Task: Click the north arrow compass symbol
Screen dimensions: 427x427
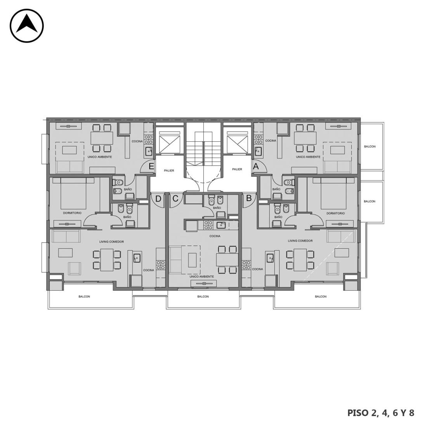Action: point(27,26)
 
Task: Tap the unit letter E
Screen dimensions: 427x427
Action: point(151,166)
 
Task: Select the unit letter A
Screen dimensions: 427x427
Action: point(256,166)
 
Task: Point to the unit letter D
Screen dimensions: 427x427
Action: point(158,199)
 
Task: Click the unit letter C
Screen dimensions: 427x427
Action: point(175,198)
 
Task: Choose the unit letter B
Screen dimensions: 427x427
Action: point(248,198)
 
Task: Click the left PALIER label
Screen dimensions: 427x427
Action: point(169,170)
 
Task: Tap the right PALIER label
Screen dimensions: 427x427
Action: point(237,169)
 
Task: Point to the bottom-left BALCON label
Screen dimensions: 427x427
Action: point(84,297)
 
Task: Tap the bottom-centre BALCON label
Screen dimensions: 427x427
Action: point(203,297)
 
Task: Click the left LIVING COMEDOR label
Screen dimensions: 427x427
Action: point(111,241)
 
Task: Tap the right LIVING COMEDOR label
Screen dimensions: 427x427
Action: point(300,241)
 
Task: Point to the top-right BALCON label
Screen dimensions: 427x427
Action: point(370,146)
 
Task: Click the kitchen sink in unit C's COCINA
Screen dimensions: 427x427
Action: point(221,225)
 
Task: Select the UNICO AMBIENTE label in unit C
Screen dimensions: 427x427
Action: point(201,276)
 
